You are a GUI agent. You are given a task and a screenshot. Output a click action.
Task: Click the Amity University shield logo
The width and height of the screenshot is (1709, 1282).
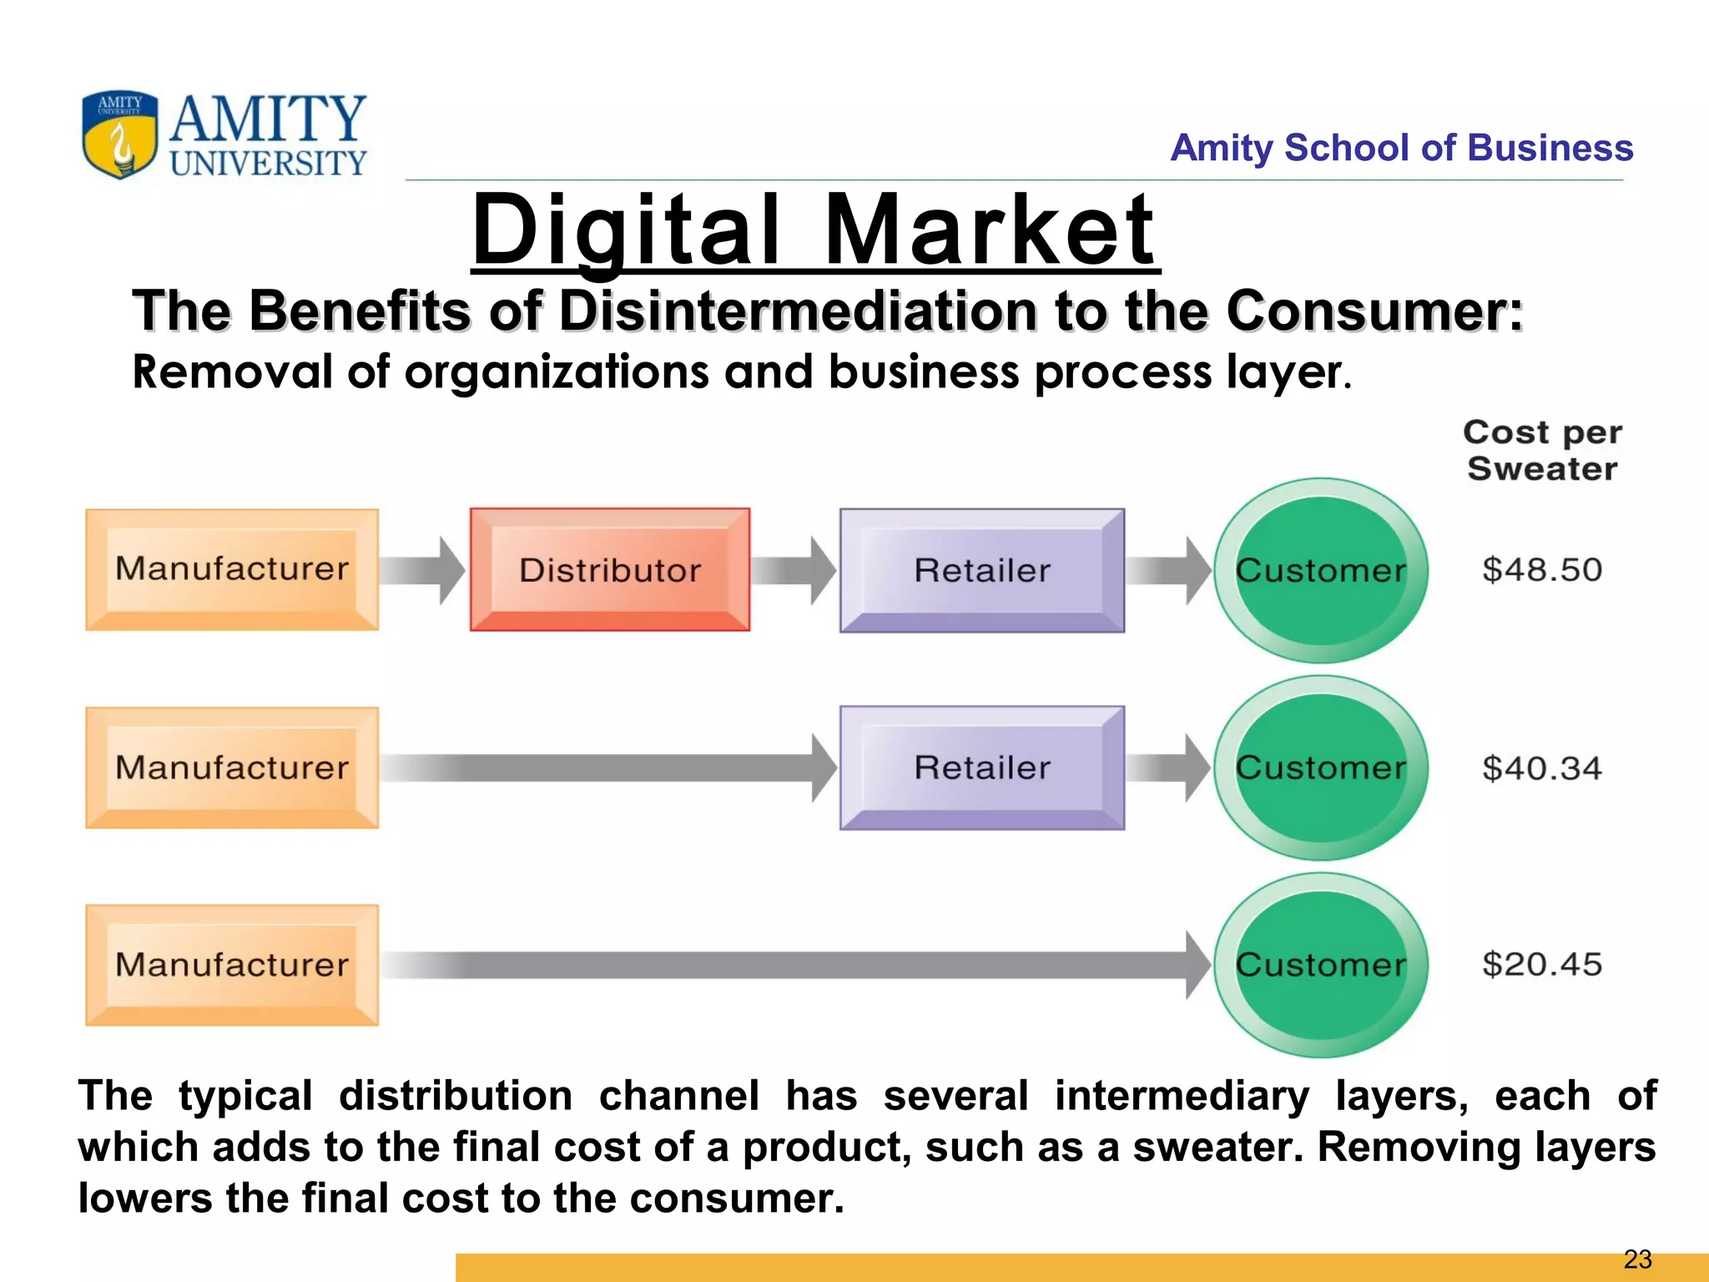(119, 134)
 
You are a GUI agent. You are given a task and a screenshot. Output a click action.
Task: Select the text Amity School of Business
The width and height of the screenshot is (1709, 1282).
(1401, 148)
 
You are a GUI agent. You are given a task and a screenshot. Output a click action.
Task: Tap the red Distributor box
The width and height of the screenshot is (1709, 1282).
(610, 570)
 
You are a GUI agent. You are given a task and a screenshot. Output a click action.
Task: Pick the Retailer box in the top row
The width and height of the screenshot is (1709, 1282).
(982, 570)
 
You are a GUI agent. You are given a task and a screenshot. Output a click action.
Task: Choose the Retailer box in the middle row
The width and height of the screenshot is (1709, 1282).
(982, 768)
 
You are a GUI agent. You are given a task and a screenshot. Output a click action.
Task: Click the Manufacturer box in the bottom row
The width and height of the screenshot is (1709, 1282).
(232, 965)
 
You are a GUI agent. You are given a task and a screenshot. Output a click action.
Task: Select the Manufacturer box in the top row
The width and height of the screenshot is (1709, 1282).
(232, 569)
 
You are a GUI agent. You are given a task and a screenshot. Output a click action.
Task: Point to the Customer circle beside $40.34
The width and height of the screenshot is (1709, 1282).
(1321, 768)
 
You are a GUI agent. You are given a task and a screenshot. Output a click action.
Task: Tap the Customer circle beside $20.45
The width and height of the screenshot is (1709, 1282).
(1321, 965)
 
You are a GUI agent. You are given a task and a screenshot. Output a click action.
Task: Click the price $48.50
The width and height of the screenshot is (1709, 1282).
(1542, 570)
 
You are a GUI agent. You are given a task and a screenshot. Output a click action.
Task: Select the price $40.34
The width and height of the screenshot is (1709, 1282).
(1542, 768)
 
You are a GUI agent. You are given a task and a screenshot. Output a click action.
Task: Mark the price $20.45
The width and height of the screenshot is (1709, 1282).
(1542, 965)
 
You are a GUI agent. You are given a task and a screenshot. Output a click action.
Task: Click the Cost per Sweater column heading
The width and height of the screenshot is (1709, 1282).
(1542, 451)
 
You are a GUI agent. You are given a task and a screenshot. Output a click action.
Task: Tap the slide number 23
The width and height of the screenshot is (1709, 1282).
(1637, 1259)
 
